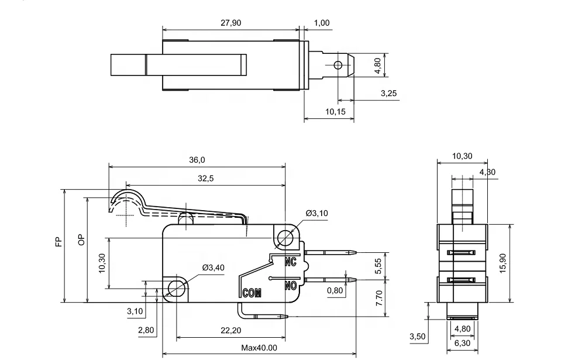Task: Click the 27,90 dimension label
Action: pyautogui.click(x=230, y=23)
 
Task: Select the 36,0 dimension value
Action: pyautogui.click(x=197, y=160)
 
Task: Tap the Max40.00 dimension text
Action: pyautogui.click(x=259, y=348)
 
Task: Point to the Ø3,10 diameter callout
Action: pyautogui.click(x=316, y=213)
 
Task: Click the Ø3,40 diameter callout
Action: pyautogui.click(x=213, y=268)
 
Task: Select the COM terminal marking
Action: pyautogui.click(x=252, y=292)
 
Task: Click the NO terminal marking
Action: pyautogui.click(x=291, y=286)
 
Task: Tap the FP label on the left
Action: pyautogui.click(x=58, y=242)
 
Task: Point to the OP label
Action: pyautogui.click(x=81, y=239)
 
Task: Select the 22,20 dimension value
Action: pyautogui.click(x=231, y=331)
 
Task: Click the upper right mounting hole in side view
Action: pyautogui.click(x=285, y=238)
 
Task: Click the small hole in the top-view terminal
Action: pyautogui.click(x=338, y=65)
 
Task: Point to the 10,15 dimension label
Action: pyautogui.click(x=335, y=111)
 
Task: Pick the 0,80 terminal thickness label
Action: pyautogui.click(x=335, y=290)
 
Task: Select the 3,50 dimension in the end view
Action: pyautogui.click(x=418, y=337)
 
